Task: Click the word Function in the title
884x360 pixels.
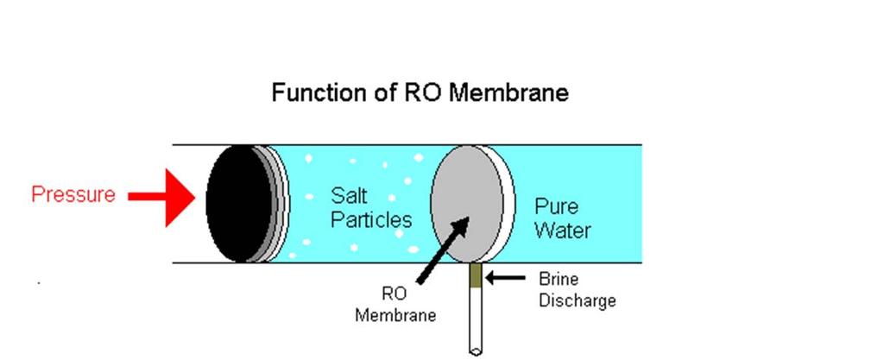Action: coord(319,92)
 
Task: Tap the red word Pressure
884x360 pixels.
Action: coord(73,194)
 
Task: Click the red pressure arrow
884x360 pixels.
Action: coord(161,197)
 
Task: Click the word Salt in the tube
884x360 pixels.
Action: coord(349,195)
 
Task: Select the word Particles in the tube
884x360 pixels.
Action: coord(371,219)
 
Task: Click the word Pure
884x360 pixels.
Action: coord(556,206)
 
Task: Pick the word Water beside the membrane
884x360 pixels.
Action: coord(562,230)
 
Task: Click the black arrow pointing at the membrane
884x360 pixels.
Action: coord(443,249)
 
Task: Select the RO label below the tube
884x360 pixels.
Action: coord(395,294)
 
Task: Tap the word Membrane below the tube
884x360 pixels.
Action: coord(395,314)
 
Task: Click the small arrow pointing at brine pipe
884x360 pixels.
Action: coord(505,277)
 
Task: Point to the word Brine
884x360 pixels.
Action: coord(559,279)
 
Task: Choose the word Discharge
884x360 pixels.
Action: coord(578,300)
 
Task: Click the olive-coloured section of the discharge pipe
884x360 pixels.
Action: coord(476,275)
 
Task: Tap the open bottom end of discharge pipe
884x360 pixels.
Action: coord(476,351)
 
